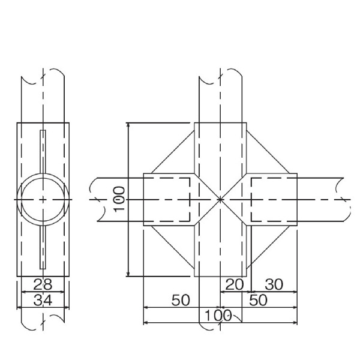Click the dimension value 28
(x=43, y=284)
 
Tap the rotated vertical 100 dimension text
(x=119, y=199)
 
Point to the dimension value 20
(x=235, y=284)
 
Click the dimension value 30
(x=274, y=284)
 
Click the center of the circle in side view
(x=43, y=199)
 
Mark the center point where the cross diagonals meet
(x=220, y=199)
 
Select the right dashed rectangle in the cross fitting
(x=274, y=199)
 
